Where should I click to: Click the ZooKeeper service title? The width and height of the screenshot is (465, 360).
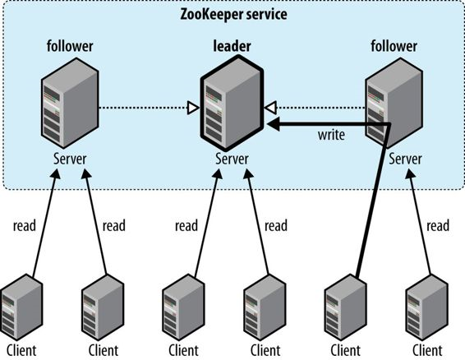pos(233,15)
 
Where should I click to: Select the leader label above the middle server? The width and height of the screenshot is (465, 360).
pos(232,46)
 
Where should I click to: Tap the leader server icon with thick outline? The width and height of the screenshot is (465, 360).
pos(232,103)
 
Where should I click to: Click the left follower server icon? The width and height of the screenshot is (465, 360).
pos(70,103)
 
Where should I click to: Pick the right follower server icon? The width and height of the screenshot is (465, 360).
pos(394,103)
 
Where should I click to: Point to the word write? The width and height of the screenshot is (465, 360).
pos(331,135)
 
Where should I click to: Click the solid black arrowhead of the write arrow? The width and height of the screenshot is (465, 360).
pos(273,124)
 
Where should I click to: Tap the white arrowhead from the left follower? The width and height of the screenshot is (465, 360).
pos(193,108)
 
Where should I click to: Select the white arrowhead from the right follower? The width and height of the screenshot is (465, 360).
pos(270,108)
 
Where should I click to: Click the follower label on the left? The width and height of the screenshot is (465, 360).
pos(70,46)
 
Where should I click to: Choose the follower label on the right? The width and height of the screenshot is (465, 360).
pos(394,46)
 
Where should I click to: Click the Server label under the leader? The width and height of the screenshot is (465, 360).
pos(232,159)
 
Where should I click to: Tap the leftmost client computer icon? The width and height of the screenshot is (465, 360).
pos(21,307)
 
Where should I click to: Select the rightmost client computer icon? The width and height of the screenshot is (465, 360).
pos(427,307)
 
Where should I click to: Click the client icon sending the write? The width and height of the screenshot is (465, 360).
pos(346,307)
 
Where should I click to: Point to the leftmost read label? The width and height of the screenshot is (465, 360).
pos(25,225)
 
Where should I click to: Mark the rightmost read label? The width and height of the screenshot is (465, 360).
pos(438,225)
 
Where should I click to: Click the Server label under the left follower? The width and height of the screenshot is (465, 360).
pos(70,159)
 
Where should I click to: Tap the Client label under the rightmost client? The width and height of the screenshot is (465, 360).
pos(427,350)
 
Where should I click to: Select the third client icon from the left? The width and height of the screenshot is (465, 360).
pos(183,307)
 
